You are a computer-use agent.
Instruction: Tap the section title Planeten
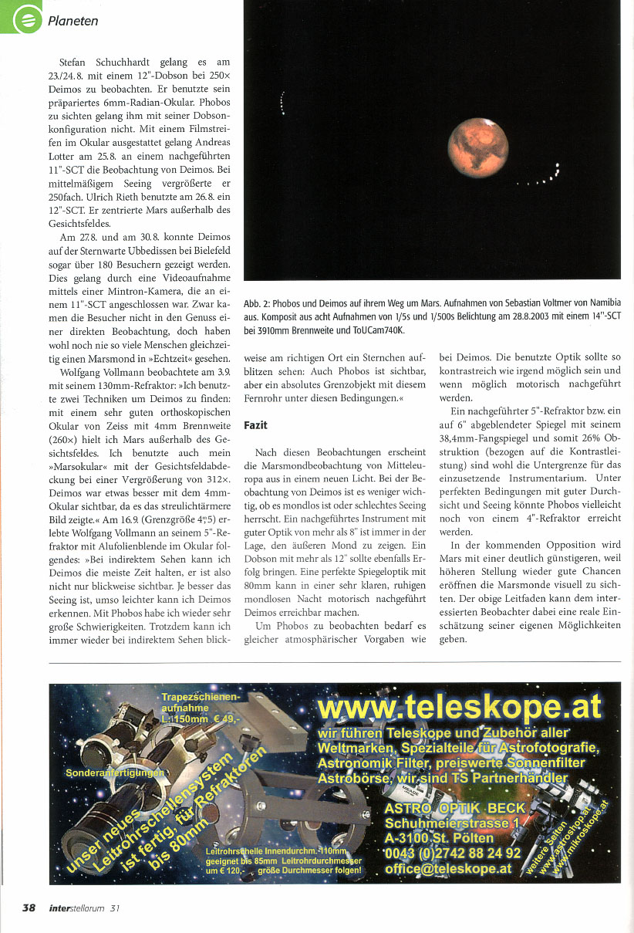point(73,21)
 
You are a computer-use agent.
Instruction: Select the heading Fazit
point(256,425)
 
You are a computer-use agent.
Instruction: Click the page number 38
point(29,908)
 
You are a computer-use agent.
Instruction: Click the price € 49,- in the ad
point(224,718)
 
